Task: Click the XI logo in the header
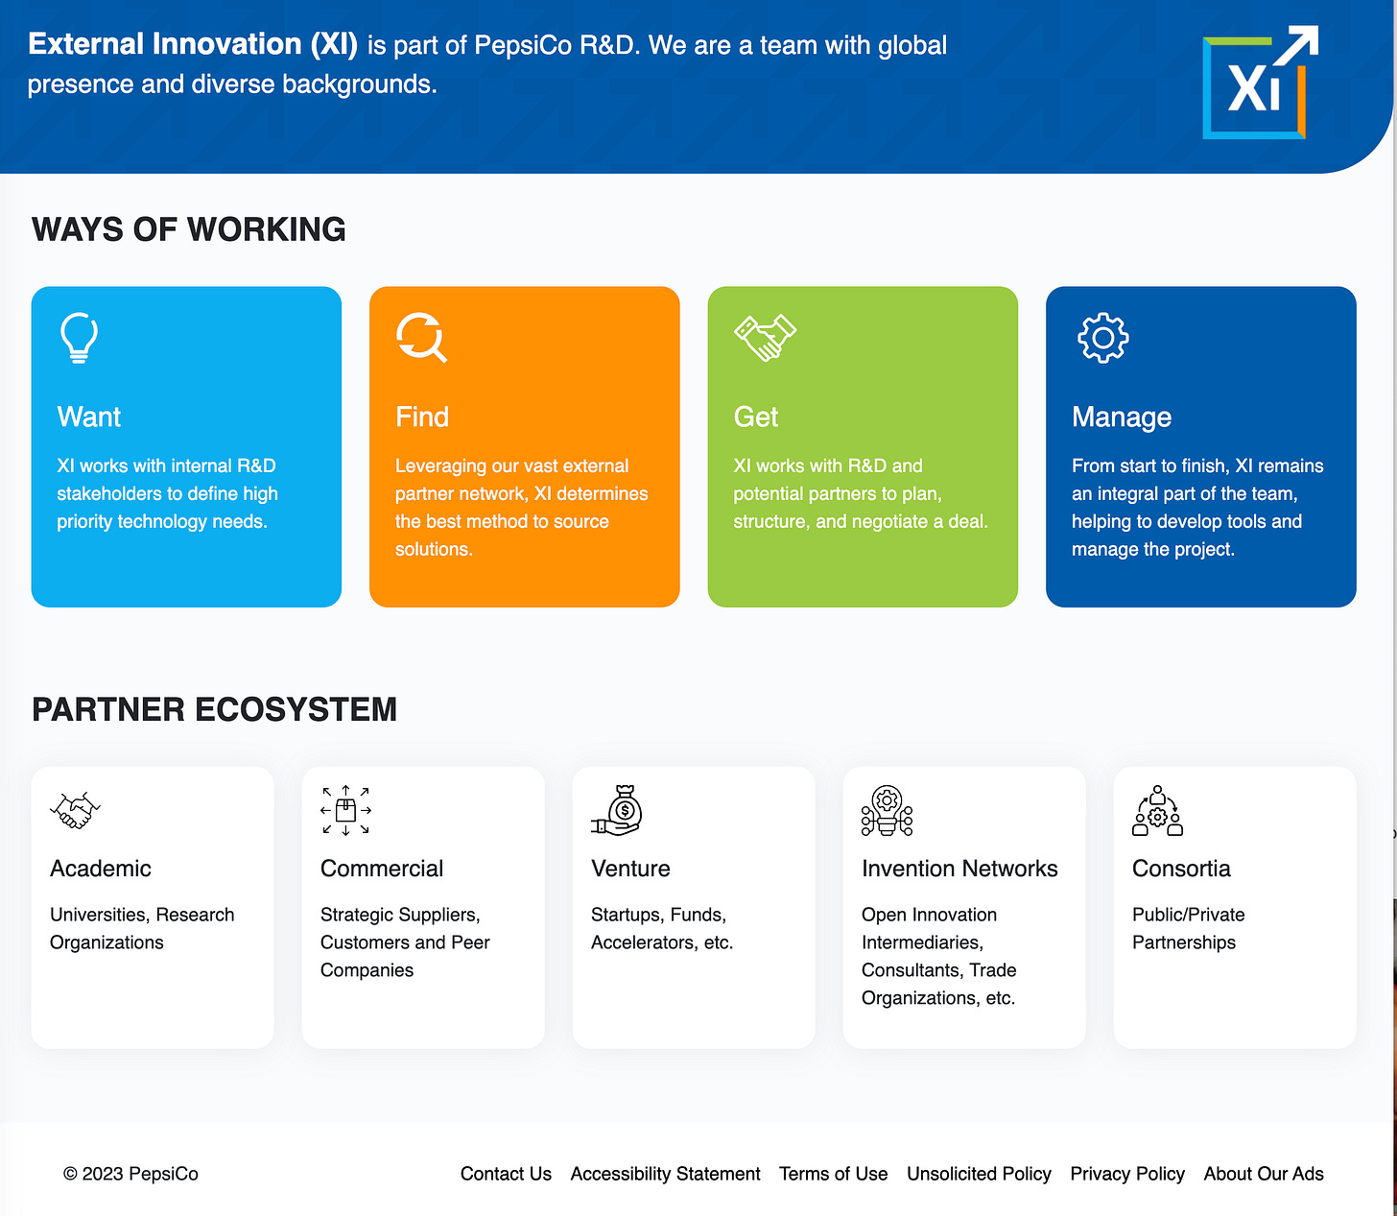coord(1259,84)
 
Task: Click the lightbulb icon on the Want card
coord(79,338)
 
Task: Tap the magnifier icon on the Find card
coord(421,338)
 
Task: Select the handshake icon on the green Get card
coord(765,338)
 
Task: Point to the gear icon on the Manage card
coord(1102,338)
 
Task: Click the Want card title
coord(89,417)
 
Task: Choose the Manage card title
coord(1122,417)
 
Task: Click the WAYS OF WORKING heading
coord(189,229)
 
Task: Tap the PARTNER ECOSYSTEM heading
coord(214,709)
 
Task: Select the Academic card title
coord(101,869)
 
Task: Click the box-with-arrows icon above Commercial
coord(345,810)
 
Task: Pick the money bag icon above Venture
coord(617,810)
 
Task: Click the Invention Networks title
coord(959,869)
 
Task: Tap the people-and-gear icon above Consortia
coord(1157,810)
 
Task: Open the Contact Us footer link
coord(506,1174)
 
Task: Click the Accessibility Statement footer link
coord(665,1174)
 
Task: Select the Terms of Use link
coord(833,1174)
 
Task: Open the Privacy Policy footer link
coord(1127,1174)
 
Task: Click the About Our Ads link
coord(1264,1174)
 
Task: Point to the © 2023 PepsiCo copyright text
coord(130,1174)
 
